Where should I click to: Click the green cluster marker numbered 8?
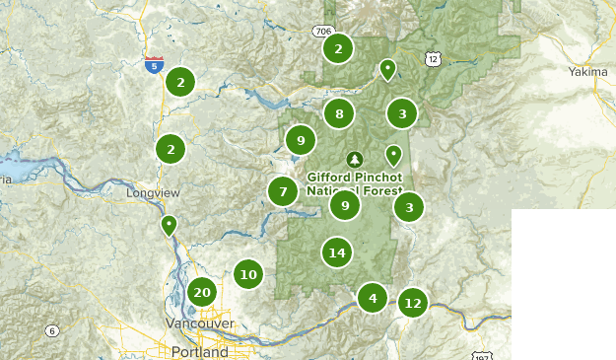[339, 114]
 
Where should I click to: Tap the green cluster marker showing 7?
[283, 191]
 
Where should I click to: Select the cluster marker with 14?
[337, 252]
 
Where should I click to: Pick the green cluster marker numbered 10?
[248, 274]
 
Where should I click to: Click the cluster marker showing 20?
[202, 292]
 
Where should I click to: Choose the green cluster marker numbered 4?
[373, 297]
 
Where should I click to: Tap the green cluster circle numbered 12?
[413, 303]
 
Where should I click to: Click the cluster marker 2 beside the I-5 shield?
[180, 82]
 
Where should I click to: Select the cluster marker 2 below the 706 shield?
[338, 48]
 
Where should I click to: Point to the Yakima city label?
[588, 72]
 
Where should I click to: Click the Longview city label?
[149, 193]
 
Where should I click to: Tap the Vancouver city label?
[200, 324]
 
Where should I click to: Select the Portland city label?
[199, 351]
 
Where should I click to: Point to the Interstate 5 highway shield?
[153, 65]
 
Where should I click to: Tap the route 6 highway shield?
[51, 330]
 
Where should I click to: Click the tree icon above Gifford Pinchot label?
[354, 159]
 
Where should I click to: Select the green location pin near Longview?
[170, 225]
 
